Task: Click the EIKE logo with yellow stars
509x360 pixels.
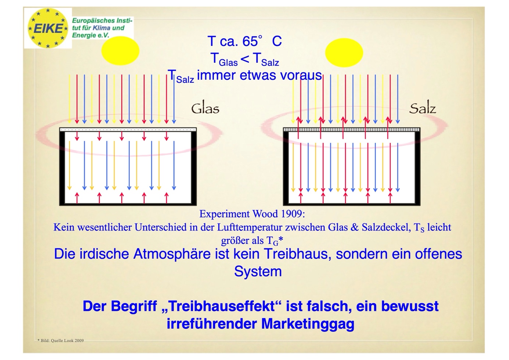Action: pyautogui.click(x=48, y=28)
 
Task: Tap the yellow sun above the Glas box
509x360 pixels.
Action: pyautogui.click(x=120, y=51)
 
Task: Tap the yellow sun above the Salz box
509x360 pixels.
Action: pyautogui.click(x=344, y=53)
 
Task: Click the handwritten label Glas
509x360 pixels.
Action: pyautogui.click(x=205, y=109)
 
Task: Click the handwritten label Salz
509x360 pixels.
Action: pyautogui.click(x=423, y=109)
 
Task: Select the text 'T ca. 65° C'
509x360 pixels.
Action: pyautogui.click(x=244, y=41)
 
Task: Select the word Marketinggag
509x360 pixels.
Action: pyautogui.click(x=308, y=324)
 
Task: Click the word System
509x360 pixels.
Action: pyautogui.click(x=258, y=271)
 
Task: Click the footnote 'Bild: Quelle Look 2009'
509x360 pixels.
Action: pyautogui.click(x=61, y=341)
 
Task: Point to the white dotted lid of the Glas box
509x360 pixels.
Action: pyautogui.click(x=128, y=130)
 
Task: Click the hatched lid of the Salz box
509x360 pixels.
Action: pyautogui.click(x=351, y=130)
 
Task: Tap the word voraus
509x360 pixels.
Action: pyautogui.click(x=301, y=75)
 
